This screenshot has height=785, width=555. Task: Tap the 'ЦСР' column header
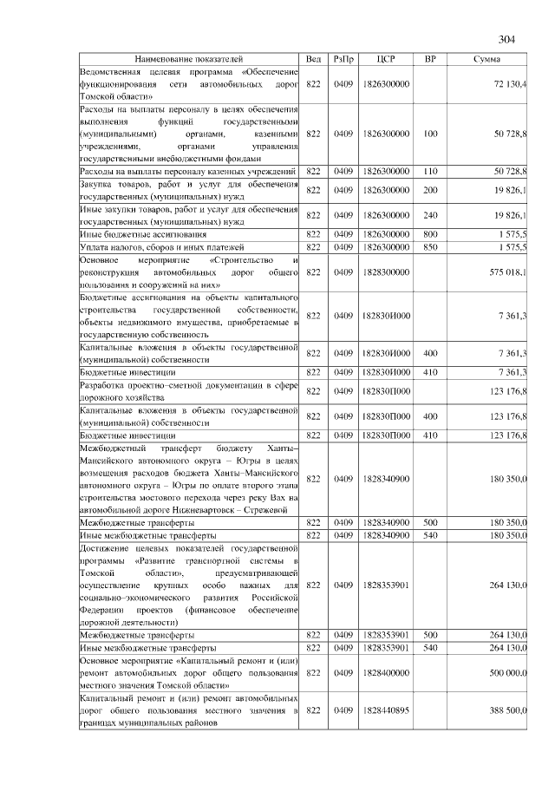387,58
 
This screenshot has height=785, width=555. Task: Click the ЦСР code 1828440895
387,710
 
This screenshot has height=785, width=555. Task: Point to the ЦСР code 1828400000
387,672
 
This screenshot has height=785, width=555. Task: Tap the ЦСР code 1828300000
387,272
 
